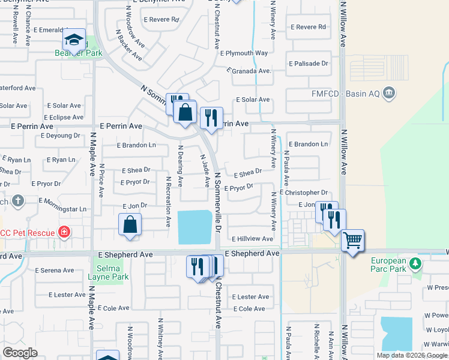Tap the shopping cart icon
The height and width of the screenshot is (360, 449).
[x=352, y=241]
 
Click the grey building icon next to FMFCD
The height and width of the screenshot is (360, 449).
[x=389, y=93]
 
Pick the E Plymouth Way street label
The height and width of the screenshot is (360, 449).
[x=244, y=53]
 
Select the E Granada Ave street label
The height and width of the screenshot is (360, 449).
[x=249, y=70]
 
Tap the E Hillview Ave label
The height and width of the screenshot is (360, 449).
[x=252, y=239]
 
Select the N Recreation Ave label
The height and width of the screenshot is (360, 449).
[x=168, y=202]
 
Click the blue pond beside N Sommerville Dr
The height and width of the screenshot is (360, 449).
[x=195, y=227]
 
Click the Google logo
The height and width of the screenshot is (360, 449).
[x=20, y=353]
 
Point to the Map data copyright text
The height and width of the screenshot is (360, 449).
[x=412, y=355]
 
